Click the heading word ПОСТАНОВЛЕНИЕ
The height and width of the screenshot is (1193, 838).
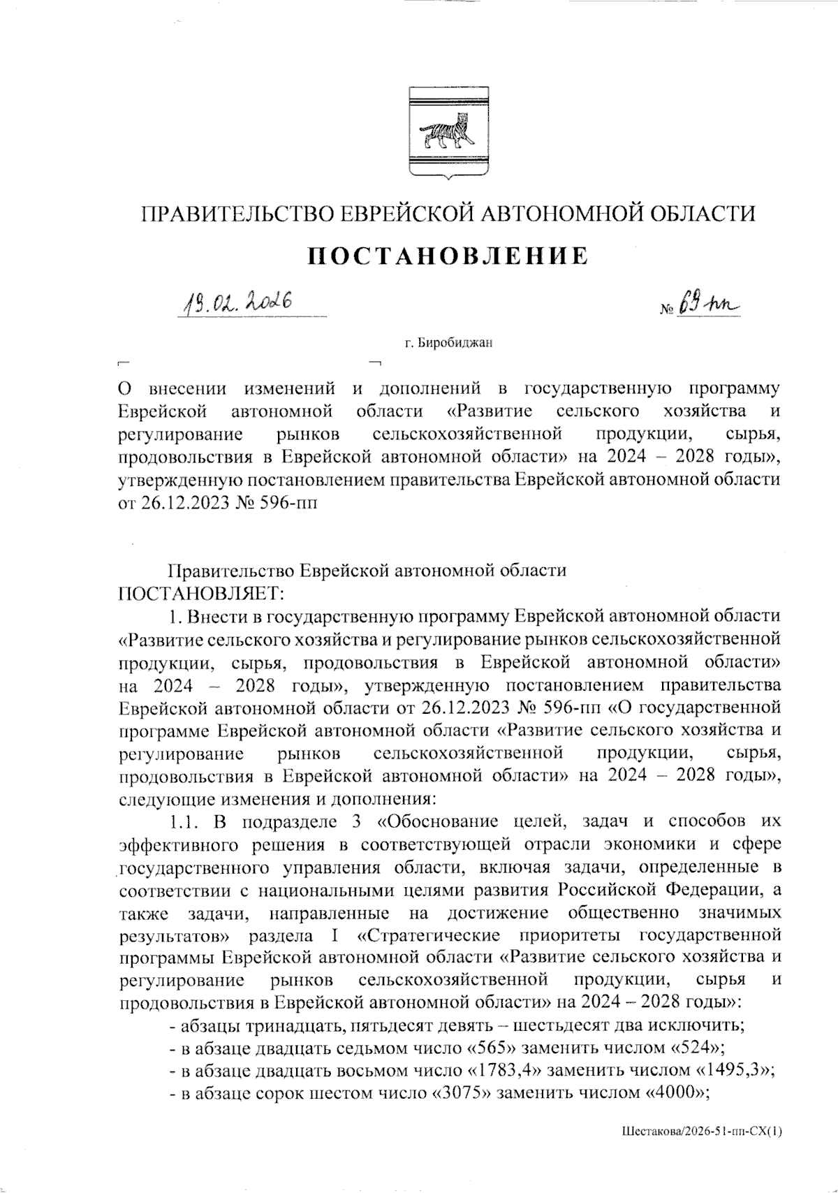tap(448, 256)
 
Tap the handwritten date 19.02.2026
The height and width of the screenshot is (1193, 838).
tap(237, 302)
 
